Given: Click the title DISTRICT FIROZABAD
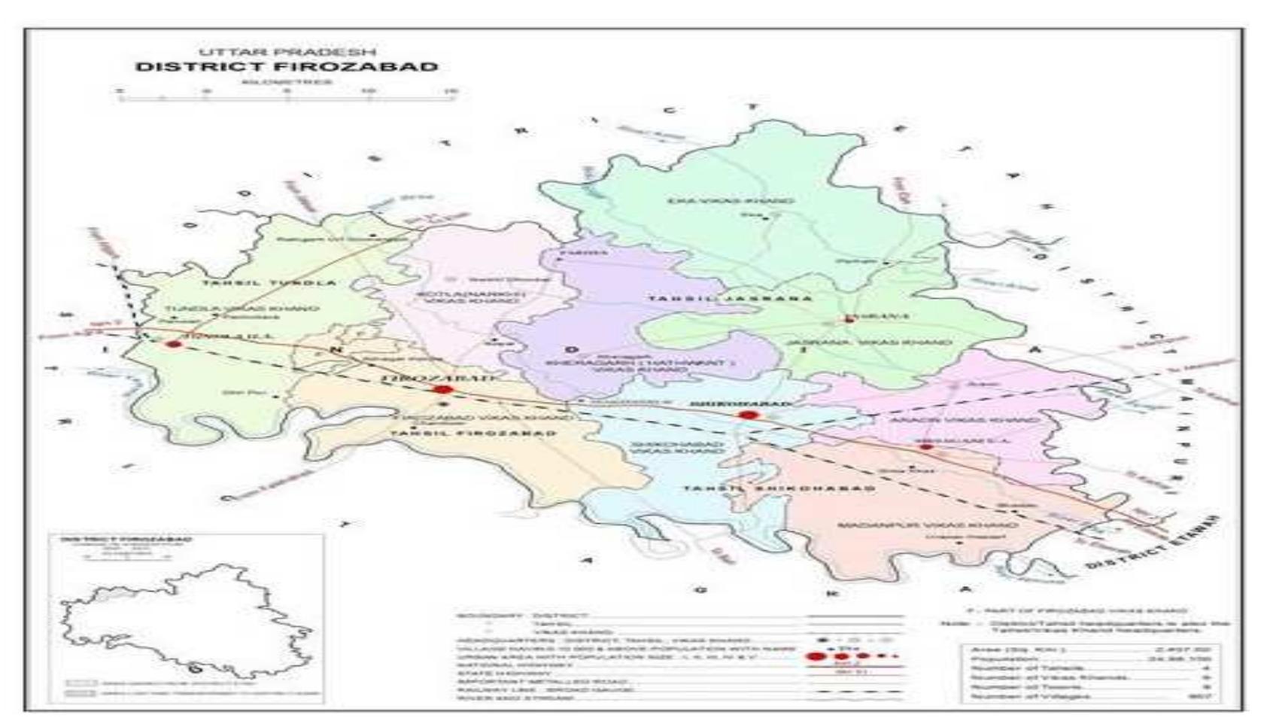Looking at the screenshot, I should click(287, 66).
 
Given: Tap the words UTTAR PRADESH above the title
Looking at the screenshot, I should click(287, 51).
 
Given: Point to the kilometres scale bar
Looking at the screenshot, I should click(287, 95).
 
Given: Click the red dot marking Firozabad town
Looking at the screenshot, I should click(442, 389).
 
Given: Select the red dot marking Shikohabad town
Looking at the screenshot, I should click(747, 415).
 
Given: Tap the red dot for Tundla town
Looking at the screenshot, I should click(174, 343).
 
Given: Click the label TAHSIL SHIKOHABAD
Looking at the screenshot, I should click(779, 489).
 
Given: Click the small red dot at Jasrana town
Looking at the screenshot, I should click(849, 319).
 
